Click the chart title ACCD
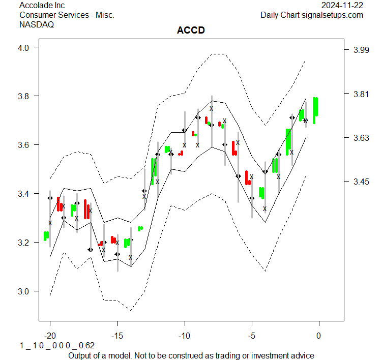(x=191, y=31)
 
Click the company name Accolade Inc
(x=43, y=6)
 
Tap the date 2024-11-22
(x=342, y=6)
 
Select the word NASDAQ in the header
(x=37, y=24)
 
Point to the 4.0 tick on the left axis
(x=25, y=47)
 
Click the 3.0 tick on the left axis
(x=25, y=291)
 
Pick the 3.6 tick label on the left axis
(x=25, y=145)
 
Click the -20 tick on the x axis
(x=50, y=336)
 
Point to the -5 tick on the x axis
(x=252, y=336)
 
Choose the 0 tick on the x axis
(x=319, y=336)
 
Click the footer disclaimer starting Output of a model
(x=191, y=355)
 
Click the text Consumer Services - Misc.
(x=67, y=15)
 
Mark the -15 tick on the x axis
(x=117, y=336)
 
